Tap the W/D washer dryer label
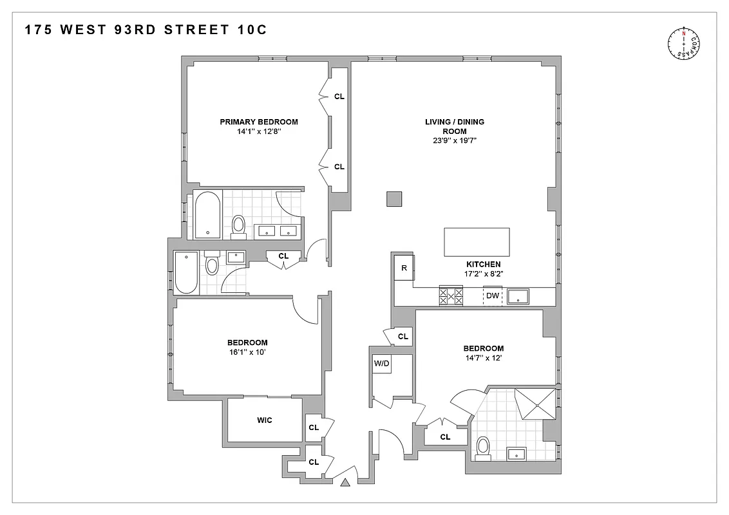click(x=382, y=362)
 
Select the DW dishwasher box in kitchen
click(x=493, y=296)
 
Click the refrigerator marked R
click(x=404, y=268)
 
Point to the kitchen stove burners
click(x=451, y=295)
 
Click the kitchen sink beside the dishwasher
click(x=518, y=297)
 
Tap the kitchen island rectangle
click(x=477, y=243)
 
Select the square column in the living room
click(x=394, y=200)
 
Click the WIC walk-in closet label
click(x=265, y=420)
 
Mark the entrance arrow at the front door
click(x=346, y=482)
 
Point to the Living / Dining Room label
click(x=454, y=126)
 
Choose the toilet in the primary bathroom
click(x=238, y=224)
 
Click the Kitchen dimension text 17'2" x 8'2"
click(x=483, y=274)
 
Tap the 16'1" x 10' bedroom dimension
click(x=247, y=352)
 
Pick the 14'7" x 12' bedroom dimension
click(x=483, y=358)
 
